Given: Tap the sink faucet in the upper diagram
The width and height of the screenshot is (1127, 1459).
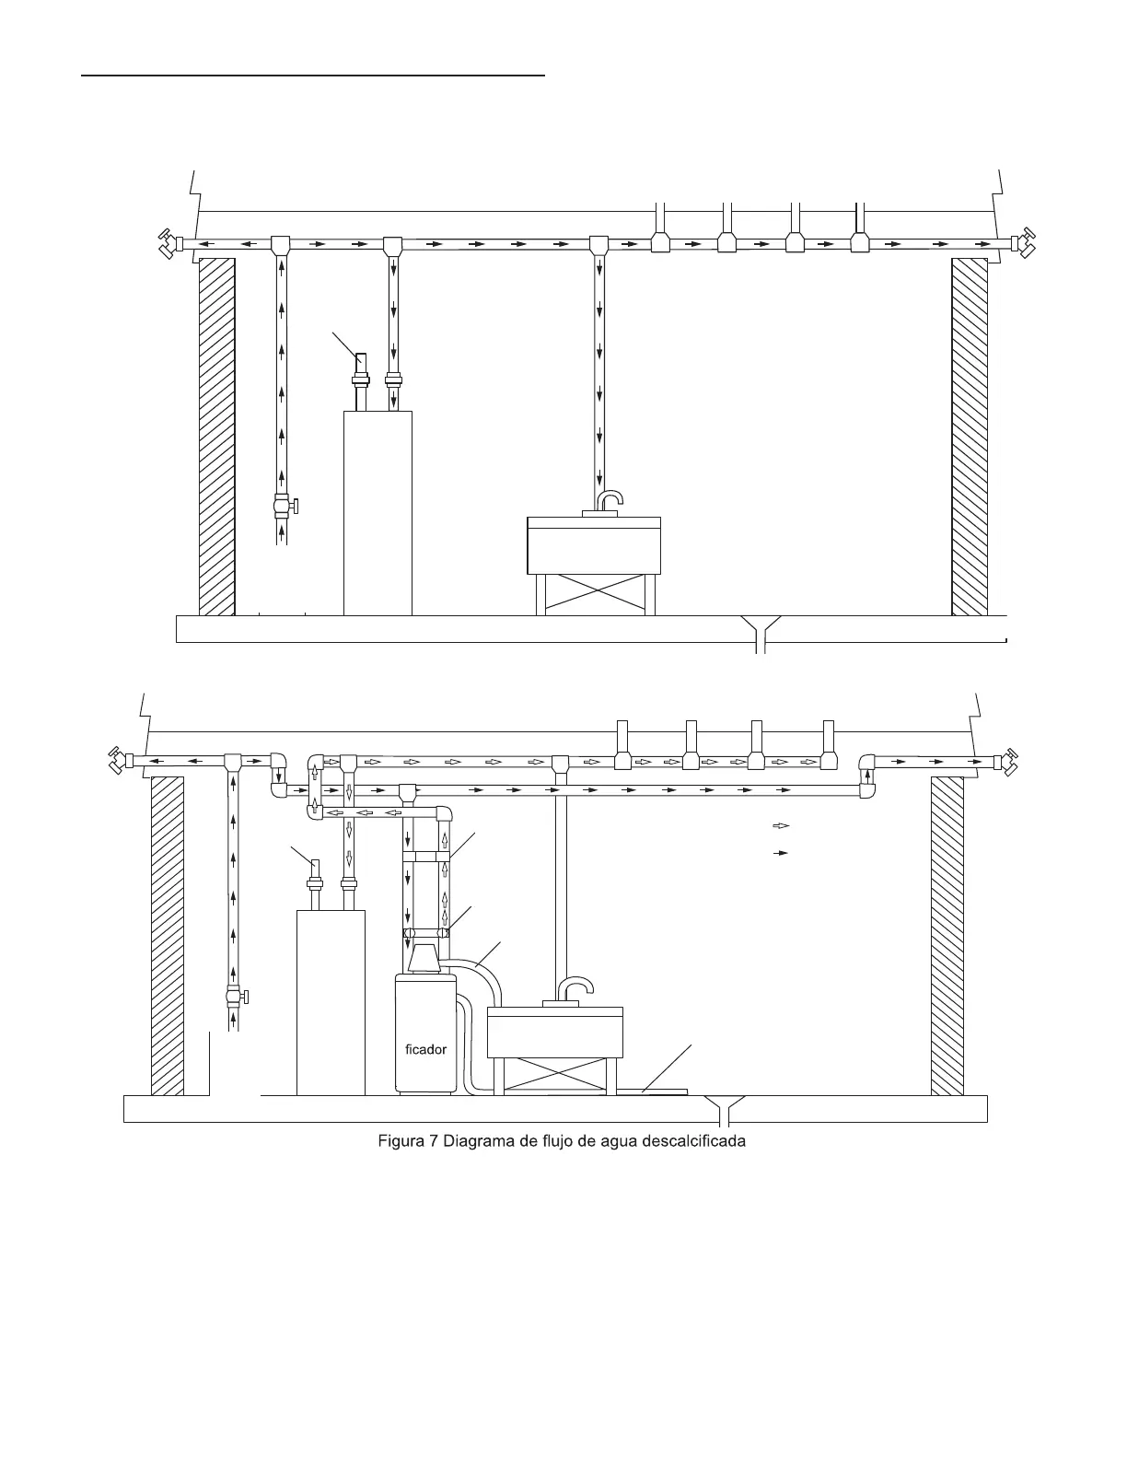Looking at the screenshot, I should click(610, 500).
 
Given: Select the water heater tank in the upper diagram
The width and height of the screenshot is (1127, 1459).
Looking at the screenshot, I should click(378, 512).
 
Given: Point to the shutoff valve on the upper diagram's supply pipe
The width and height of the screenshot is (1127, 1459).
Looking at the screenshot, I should click(284, 506).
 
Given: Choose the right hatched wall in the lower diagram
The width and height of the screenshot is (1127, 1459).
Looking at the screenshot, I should click(947, 935).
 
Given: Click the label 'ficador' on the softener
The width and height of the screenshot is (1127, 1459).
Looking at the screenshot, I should click(425, 1049).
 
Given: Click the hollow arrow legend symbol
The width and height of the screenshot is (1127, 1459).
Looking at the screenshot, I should click(781, 825).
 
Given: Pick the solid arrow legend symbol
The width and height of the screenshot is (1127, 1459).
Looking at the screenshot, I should click(781, 854).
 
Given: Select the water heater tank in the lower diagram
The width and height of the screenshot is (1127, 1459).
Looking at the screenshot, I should click(331, 1002).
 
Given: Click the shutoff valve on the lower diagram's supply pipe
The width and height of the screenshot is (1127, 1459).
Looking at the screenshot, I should click(235, 996).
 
